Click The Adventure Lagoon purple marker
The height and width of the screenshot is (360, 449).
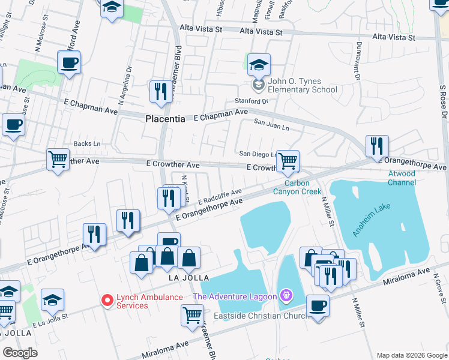click(x=286, y=296)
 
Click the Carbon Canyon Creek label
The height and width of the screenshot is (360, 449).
click(x=297, y=187)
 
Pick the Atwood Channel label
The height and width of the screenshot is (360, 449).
click(x=402, y=178)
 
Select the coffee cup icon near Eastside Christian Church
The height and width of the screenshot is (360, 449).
click(x=318, y=305)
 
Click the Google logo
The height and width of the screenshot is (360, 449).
click(x=20, y=353)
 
